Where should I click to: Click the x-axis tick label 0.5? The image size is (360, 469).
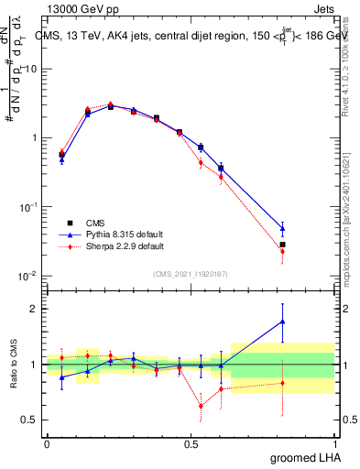[x=191, y=443]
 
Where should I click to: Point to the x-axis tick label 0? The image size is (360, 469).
[x=47, y=443]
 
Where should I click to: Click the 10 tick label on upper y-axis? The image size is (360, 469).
[x=31, y=70]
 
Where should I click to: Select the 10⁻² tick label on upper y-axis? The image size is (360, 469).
[x=27, y=276]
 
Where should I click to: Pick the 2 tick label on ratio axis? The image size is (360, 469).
[x=35, y=309]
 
